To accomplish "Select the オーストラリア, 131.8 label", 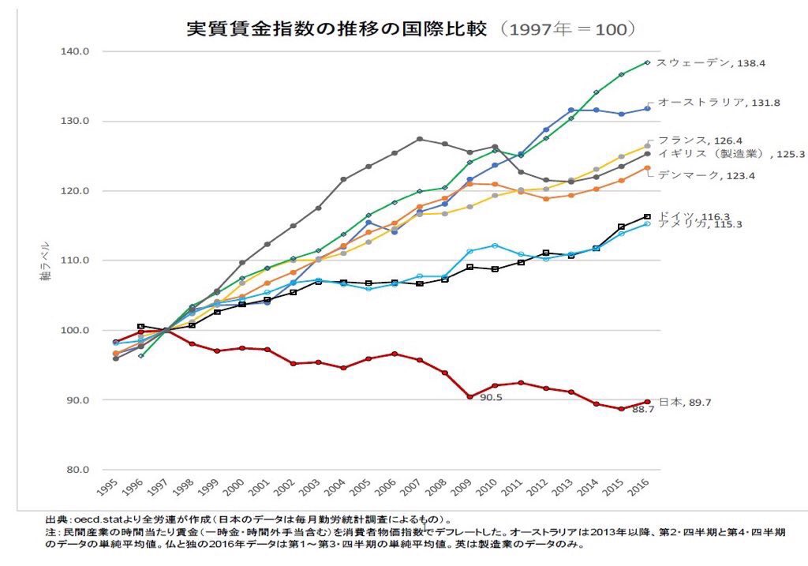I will [711, 102].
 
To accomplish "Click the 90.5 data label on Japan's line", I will [491, 397].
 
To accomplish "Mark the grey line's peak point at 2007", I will [420, 139].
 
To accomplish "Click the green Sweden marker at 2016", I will [648, 62].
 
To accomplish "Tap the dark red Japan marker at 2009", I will [470, 396].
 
